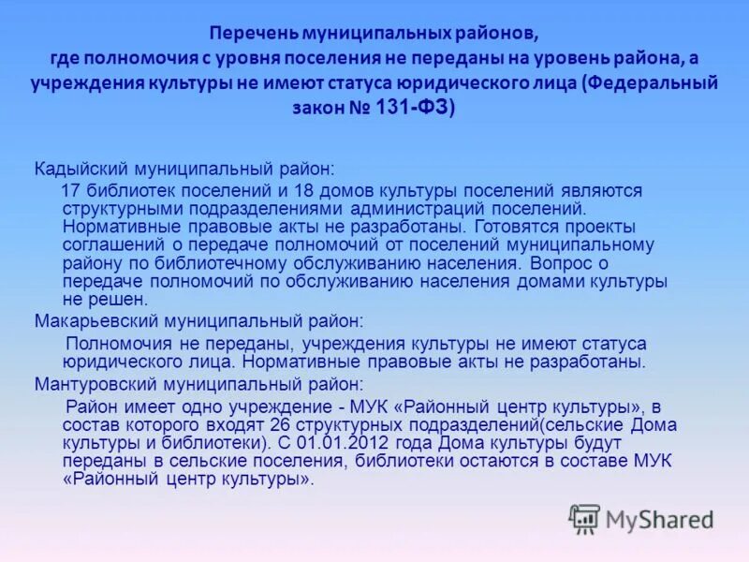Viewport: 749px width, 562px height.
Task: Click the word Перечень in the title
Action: coord(250,35)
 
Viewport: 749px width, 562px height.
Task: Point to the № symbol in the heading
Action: coord(360,108)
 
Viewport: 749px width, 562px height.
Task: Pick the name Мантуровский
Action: coord(91,383)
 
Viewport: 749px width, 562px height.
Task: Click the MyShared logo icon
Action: coord(585,519)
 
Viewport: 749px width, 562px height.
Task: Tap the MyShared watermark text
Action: coord(659,520)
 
